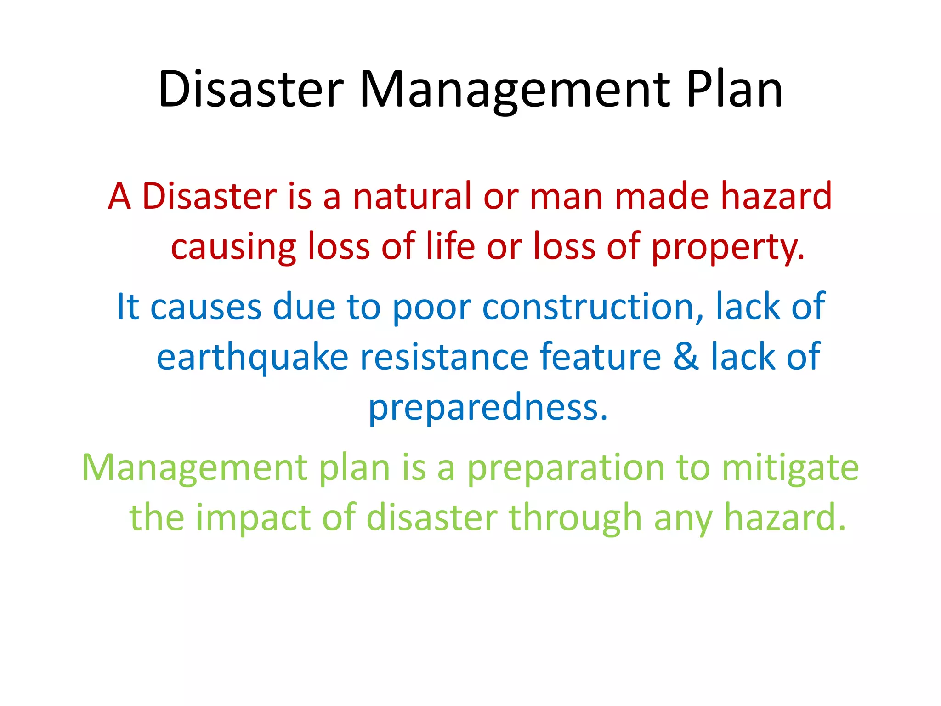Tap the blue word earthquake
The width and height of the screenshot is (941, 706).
[252, 358]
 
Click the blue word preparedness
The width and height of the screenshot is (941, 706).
[488, 408]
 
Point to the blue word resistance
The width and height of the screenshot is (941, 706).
[444, 357]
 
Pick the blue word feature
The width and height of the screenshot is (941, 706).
[600, 357]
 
